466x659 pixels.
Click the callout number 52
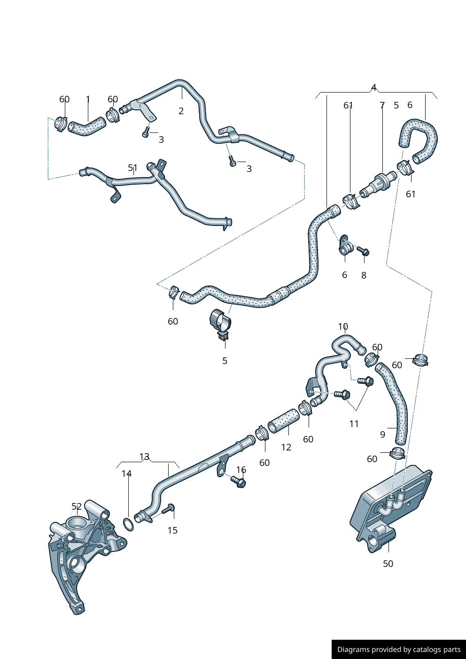pos(77,506)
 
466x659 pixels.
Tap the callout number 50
pos(388,564)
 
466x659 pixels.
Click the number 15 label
pos(173,530)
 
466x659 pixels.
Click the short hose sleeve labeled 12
pos(284,421)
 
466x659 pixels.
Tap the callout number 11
pos(354,424)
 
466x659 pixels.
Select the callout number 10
pos(343,326)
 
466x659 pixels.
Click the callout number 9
pos(382,434)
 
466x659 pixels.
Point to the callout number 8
pos(364,275)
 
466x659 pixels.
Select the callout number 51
pos(132,168)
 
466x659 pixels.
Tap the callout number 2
pos(181,111)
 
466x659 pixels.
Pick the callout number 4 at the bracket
pos(373,87)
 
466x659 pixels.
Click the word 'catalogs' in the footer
pos(413,649)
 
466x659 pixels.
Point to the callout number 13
pos(144,456)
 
